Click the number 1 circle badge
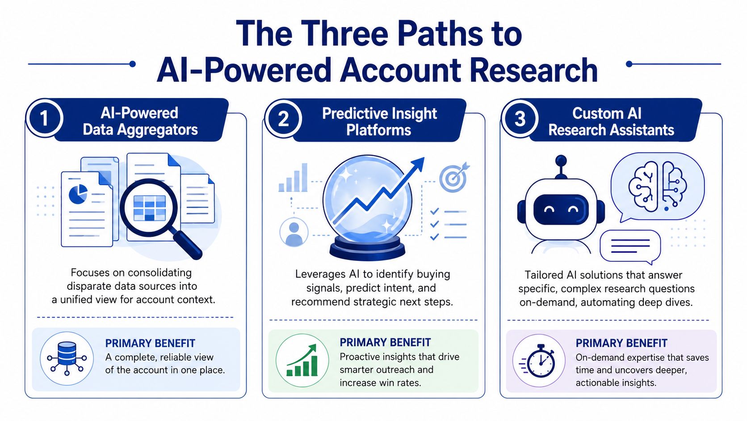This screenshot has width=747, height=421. (44, 118)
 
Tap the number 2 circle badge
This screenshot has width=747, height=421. (283, 119)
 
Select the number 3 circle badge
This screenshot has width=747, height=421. (520, 119)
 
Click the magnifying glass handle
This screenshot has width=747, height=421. (188, 245)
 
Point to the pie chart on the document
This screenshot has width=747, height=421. (78, 194)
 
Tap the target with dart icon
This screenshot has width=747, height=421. (454, 177)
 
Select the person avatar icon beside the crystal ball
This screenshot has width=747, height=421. (294, 232)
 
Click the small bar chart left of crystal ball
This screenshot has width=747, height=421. (293, 178)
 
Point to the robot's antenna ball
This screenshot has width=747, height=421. (561, 161)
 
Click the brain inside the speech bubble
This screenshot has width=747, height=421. (657, 187)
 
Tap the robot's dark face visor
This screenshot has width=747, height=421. (561, 210)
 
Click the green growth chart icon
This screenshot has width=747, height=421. (302, 361)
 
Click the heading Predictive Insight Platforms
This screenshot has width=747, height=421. (379, 122)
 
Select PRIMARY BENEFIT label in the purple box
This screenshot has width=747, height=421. (621, 343)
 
